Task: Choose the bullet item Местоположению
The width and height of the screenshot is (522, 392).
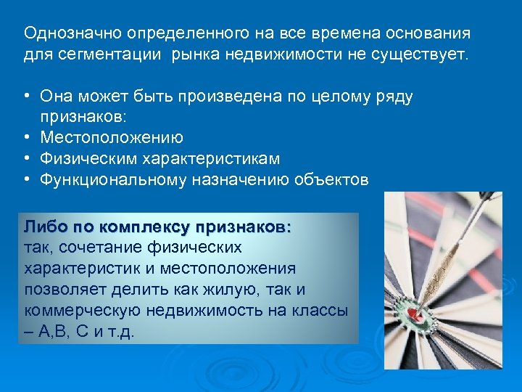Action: [x=112, y=137]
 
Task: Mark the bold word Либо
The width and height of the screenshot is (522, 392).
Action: [x=42, y=227]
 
